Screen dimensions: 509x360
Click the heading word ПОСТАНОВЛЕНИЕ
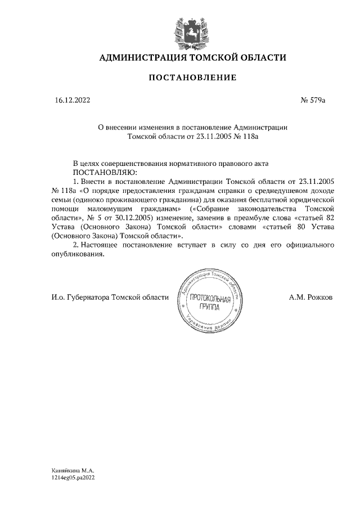coord(192,77)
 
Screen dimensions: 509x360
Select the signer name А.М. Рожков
coord(310,297)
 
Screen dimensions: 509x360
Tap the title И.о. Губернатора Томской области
coord(107,297)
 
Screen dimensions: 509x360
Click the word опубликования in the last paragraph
coord(78,254)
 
